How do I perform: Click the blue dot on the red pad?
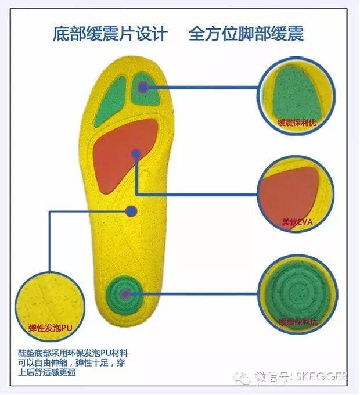coord(136,154)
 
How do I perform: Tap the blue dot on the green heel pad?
coord(125,294)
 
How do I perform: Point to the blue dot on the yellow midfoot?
coord(131,211)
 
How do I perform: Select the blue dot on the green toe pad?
coord(143,88)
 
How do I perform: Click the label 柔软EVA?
coord(297,222)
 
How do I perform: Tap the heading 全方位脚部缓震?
coord(246,34)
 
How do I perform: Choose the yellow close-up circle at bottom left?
coord(48,302)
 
